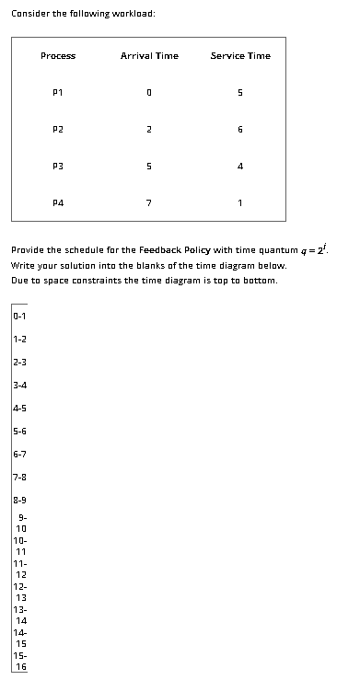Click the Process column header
58,56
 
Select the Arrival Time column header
149,56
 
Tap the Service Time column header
240,56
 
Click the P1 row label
58,93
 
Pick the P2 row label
58,130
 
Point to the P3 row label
58,167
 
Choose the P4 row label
58,204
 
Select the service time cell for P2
240,130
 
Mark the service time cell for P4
240,204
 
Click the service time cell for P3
240,167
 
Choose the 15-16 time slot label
20,661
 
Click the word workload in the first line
134,14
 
